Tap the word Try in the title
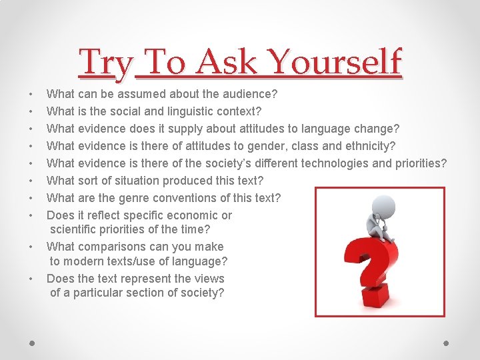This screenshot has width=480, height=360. point(107,63)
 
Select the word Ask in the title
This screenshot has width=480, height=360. point(227,63)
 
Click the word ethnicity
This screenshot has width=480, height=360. point(367,146)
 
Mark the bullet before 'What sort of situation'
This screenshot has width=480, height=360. point(32,181)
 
